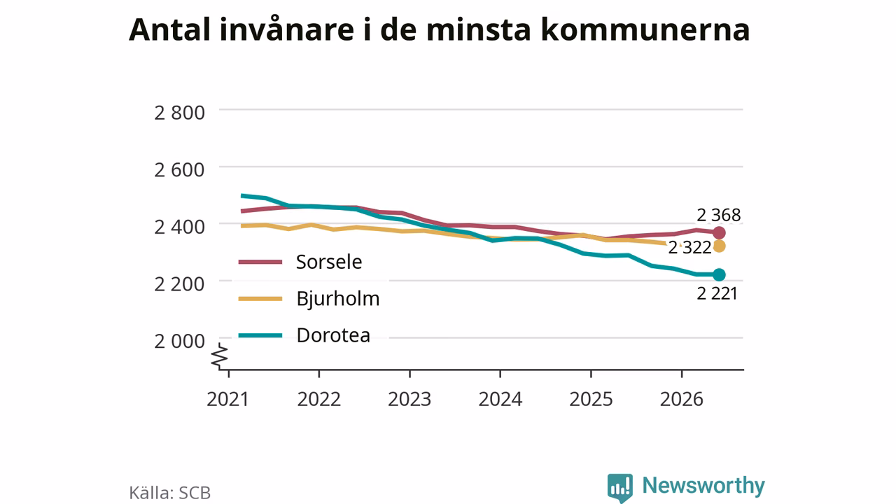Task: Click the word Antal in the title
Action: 169,29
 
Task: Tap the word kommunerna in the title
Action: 645,30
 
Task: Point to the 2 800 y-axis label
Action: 180,113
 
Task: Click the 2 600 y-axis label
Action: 180,170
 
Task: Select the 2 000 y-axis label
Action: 180,341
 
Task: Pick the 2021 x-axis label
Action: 228,399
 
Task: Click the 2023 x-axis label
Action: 409,399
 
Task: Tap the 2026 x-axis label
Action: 682,399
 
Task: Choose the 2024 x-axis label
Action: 500,399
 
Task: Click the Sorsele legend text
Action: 329,262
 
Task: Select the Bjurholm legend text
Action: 338,298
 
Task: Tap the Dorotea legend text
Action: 333,335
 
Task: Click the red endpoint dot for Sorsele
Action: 719,232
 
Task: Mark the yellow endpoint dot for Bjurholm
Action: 719,246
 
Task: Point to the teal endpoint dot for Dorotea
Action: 719,275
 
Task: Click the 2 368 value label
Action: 718,215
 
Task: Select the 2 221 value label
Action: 717,293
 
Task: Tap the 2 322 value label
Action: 689,248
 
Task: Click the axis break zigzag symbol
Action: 220,356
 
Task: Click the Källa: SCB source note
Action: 169,492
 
